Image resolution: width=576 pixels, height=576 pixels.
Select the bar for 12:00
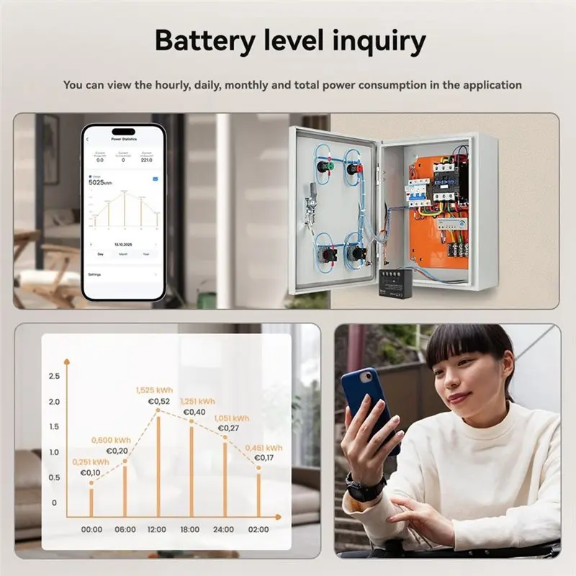click(x=158, y=464)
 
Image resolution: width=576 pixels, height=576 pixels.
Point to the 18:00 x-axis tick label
click(x=190, y=529)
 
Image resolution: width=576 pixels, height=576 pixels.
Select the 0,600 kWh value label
click(x=112, y=440)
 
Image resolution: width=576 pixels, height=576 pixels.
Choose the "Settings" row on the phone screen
click(x=96, y=275)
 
